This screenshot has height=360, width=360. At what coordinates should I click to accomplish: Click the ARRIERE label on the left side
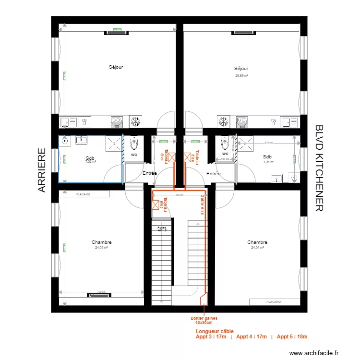42,170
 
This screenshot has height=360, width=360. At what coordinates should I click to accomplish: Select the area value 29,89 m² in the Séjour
241,75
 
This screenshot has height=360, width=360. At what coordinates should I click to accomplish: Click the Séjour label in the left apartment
116,67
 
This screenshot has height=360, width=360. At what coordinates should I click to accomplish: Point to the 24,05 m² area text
101,248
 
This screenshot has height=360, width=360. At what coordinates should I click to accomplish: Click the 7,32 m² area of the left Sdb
90,162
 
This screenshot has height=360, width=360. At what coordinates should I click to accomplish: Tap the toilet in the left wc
134,143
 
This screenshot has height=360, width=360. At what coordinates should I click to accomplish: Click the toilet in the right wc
224,143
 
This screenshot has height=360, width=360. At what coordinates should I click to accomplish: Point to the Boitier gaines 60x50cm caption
204,320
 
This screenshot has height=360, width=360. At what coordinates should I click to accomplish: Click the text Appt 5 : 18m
292,337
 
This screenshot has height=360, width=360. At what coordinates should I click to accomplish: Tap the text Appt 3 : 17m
211,337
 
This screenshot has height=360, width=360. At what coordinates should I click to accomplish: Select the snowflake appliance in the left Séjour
136,122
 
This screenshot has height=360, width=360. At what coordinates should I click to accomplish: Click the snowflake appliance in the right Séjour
223,122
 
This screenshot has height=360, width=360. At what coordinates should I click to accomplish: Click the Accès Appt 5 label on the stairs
162,229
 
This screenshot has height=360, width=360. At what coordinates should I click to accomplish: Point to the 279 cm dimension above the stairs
180,195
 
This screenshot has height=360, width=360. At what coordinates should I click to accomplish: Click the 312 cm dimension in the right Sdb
269,143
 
